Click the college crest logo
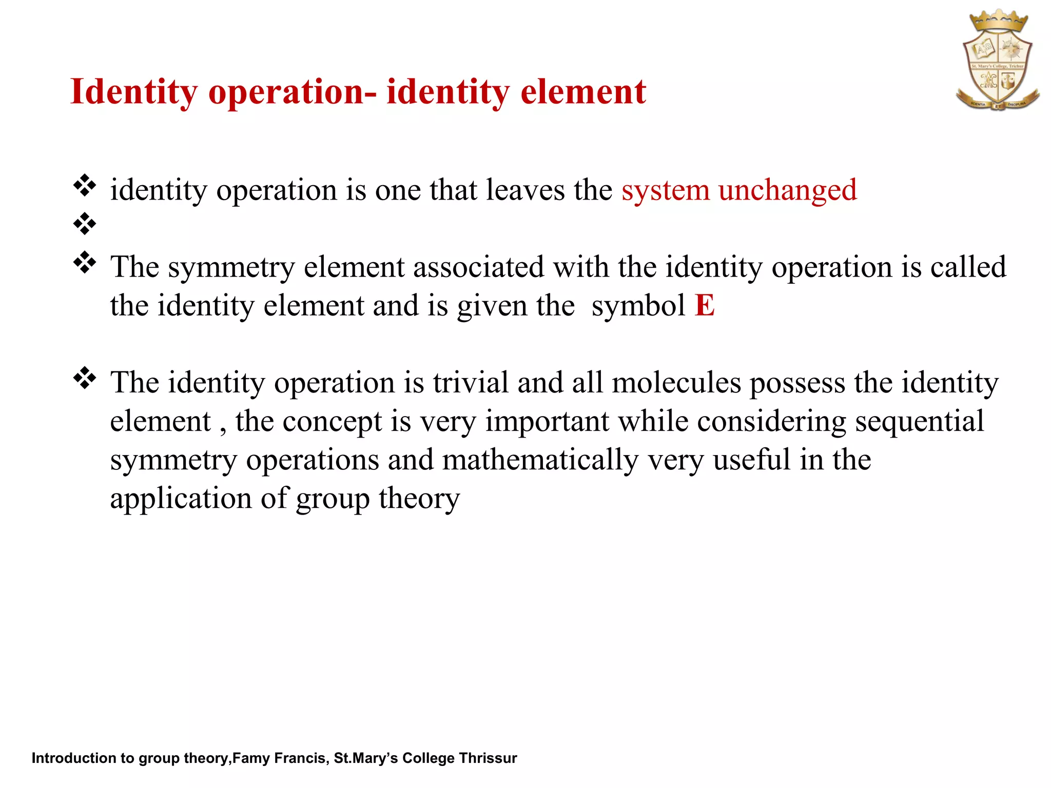tap(997, 61)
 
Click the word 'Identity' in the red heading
tap(133, 92)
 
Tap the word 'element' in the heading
tap(583, 92)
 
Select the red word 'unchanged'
tap(787, 190)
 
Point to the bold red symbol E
tap(704, 306)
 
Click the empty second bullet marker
tap(85, 224)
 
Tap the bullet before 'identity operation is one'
tap(85, 186)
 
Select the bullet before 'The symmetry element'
tap(85, 263)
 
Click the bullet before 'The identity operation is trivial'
tap(85, 378)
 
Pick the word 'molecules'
tap(676, 383)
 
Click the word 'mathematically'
tap(540, 460)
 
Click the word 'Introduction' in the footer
tap(74, 758)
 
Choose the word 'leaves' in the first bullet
tap(525, 190)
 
